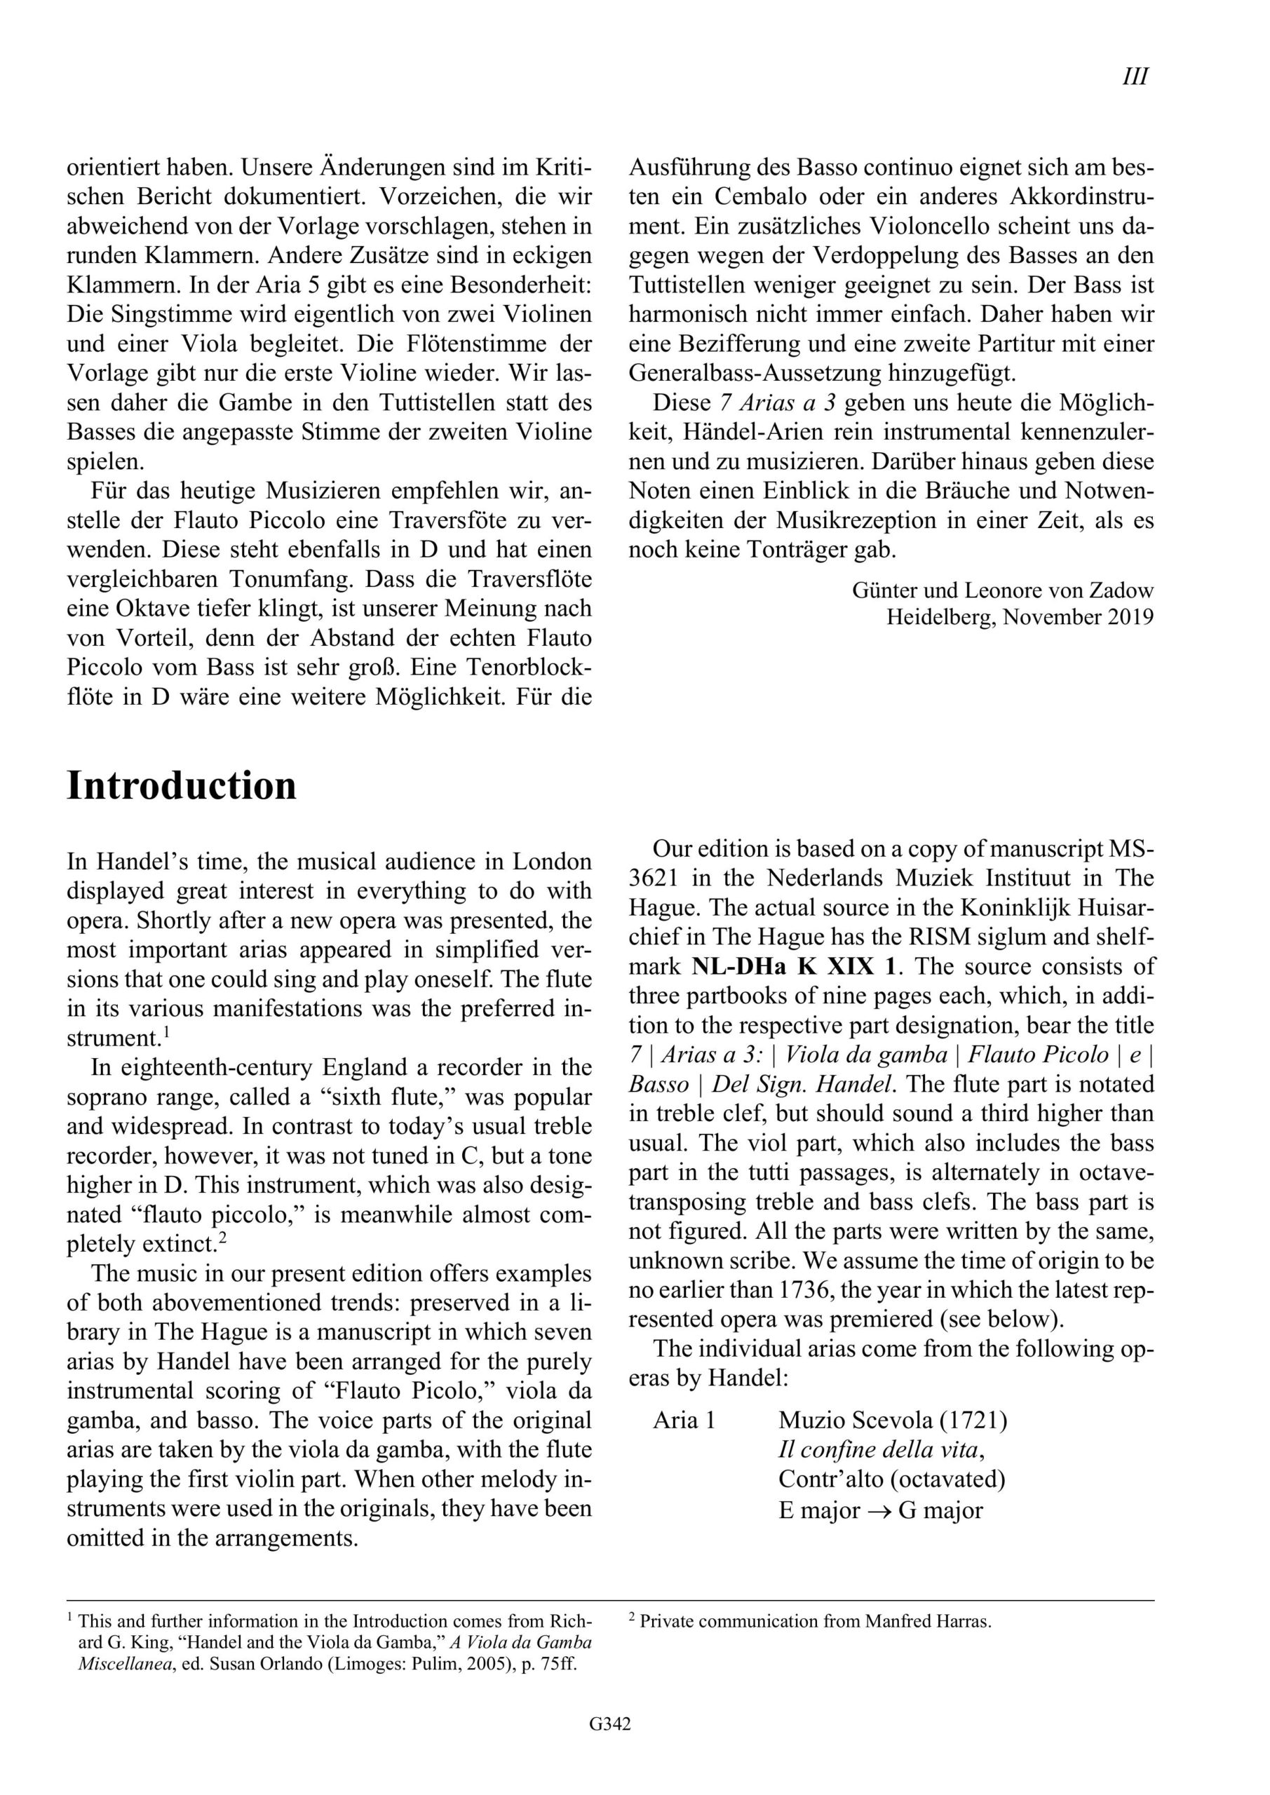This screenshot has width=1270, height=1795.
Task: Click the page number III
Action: (1135, 76)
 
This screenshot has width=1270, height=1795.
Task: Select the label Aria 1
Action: (684, 1420)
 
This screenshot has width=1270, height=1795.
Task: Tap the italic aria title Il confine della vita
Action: (878, 1450)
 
